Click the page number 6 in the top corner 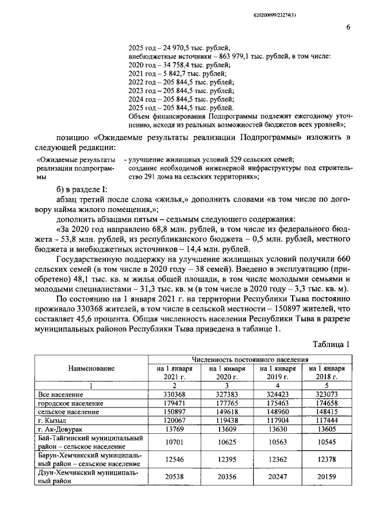(348, 27)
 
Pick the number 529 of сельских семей (238, 159)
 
